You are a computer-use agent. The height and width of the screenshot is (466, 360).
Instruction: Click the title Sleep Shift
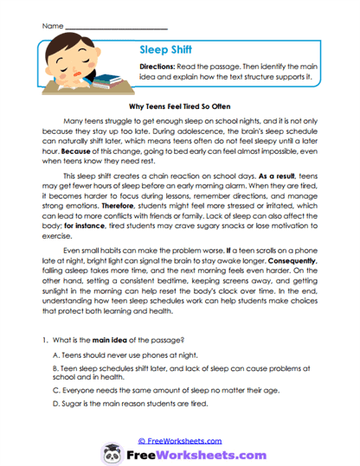point(165,50)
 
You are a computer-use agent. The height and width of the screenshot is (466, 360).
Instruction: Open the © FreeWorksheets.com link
point(179,440)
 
